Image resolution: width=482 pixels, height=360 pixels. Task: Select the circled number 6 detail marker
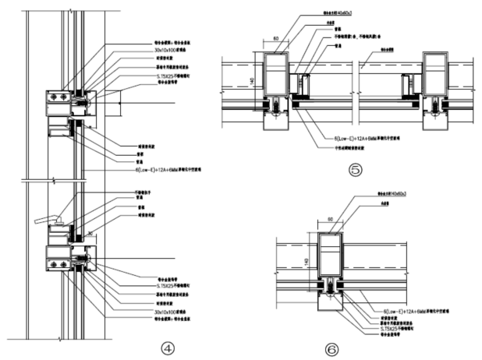click(x=332, y=350)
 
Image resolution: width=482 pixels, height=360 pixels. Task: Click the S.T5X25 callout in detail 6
click(x=399, y=330)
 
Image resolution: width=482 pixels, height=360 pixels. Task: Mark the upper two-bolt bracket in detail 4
click(x=58, y=97)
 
